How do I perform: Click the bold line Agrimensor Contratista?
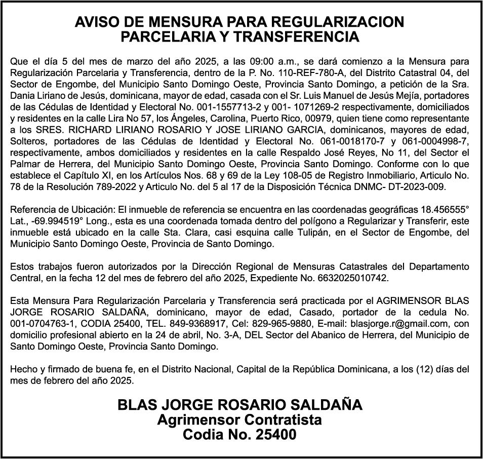tap(239, 420)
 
